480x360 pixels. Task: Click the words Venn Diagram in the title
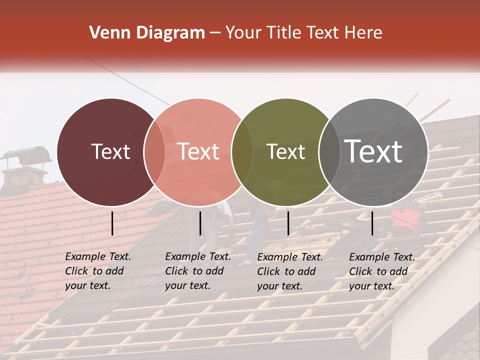[x=146, y=33]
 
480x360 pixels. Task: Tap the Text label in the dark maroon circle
[x=110, y=151]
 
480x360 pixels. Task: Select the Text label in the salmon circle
[x=198, y=151]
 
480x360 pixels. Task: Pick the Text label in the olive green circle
[x=285, y=151]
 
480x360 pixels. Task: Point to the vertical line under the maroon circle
[x=112, y=223]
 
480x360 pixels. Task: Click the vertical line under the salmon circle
[x=200, y=223]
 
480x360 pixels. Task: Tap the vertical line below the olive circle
[x=288, y=223]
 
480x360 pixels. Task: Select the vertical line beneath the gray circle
[x=372, y=223]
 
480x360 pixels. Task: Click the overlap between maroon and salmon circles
[x=154, y=152]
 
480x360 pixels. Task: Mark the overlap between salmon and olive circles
[x=242, y=152]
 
